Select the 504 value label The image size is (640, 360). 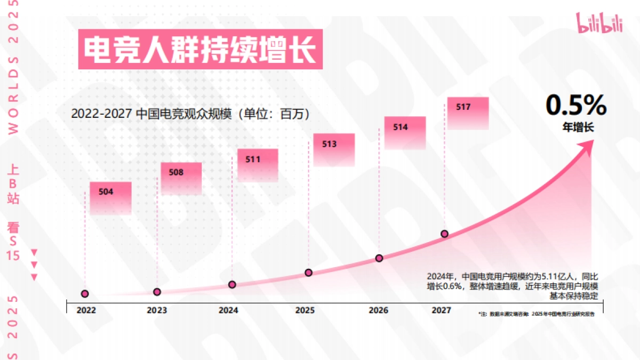point(106,192)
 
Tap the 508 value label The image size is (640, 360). point(176,172)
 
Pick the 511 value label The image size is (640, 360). point(253,159)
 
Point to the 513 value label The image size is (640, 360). point(329,144)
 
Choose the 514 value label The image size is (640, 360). point(401,127)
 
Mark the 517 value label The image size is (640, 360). point(463,107)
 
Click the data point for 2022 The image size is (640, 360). point(85,294)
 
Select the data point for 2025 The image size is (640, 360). point(308,273)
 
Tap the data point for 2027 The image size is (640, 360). point(444,234)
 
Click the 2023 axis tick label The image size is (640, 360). point(157,310)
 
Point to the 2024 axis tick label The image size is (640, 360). point(228,310)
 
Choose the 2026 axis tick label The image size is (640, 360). point(378,310)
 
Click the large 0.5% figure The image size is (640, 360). point(576,105)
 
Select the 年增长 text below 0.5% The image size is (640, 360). point(577,127)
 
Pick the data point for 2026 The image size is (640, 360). point(379,258)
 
